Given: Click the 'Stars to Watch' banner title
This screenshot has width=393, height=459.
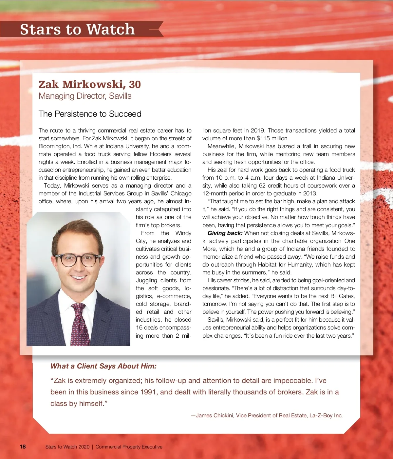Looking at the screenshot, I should click(77, 29).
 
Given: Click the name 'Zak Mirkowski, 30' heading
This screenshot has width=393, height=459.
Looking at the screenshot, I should click(89, 84).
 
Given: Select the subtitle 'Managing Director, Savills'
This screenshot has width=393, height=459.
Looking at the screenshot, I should click(85, 96).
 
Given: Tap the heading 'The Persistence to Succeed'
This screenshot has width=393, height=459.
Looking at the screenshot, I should click(90, 114).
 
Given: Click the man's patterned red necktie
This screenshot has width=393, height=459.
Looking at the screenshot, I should click(80, 325).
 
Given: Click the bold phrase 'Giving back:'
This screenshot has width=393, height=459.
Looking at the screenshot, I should click(225, 233).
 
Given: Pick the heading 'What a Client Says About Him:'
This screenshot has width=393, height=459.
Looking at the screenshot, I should click(103, 366).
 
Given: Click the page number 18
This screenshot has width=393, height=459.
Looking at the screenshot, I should click(23, 447).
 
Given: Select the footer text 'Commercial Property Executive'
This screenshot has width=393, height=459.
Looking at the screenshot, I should click(129, 447).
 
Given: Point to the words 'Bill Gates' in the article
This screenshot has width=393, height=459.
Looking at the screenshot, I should click(342, 296).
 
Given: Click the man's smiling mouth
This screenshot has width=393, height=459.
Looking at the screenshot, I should click(79, 278).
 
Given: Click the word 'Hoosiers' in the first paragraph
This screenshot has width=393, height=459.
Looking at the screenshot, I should click(160, 154).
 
